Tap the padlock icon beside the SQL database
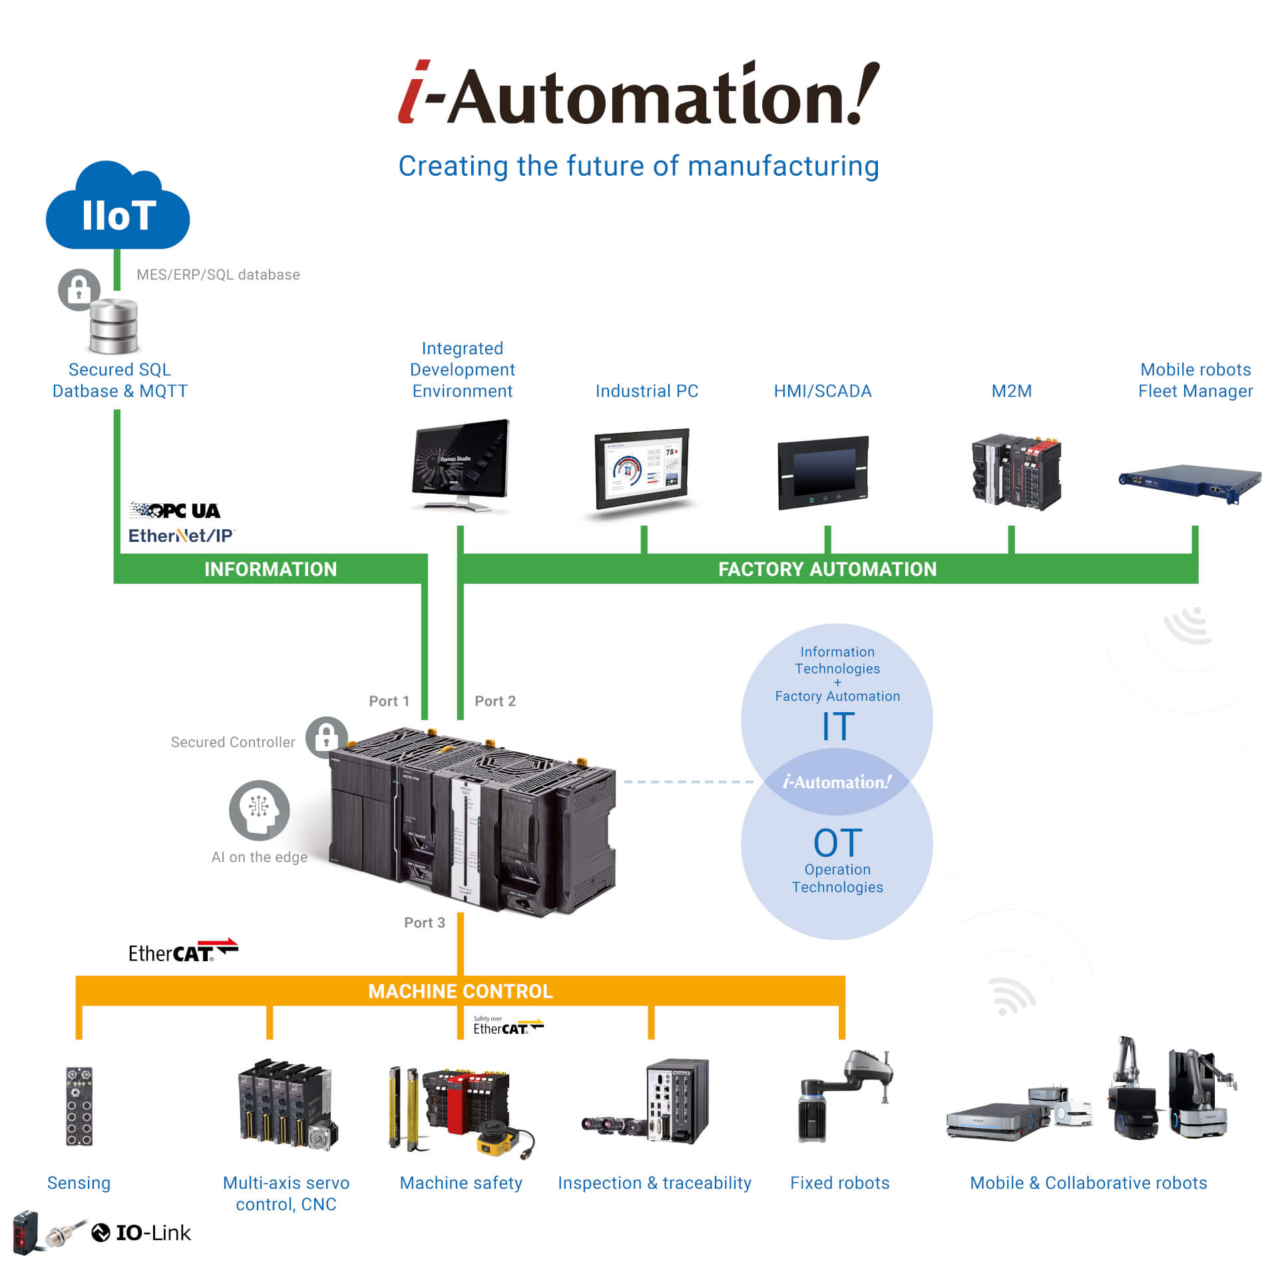(x=79, y=290)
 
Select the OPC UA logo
(x=175, y=511)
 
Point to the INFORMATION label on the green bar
(x=270, y=569)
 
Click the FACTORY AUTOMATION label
(x=827, y=569)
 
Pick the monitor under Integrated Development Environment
(x=461, y=463)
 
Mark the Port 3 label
(x=424, y=923)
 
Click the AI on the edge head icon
(x=259, y=810)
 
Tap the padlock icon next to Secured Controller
(x=326, y=737)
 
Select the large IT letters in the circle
(x=837, y=726)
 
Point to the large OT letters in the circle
(x=837, y=843)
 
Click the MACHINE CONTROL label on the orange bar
(x=460, y=991)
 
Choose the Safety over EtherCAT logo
(x=508, y=1026)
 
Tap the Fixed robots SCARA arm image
(x=844, y=1096)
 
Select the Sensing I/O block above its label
(x=79, y=1106)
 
